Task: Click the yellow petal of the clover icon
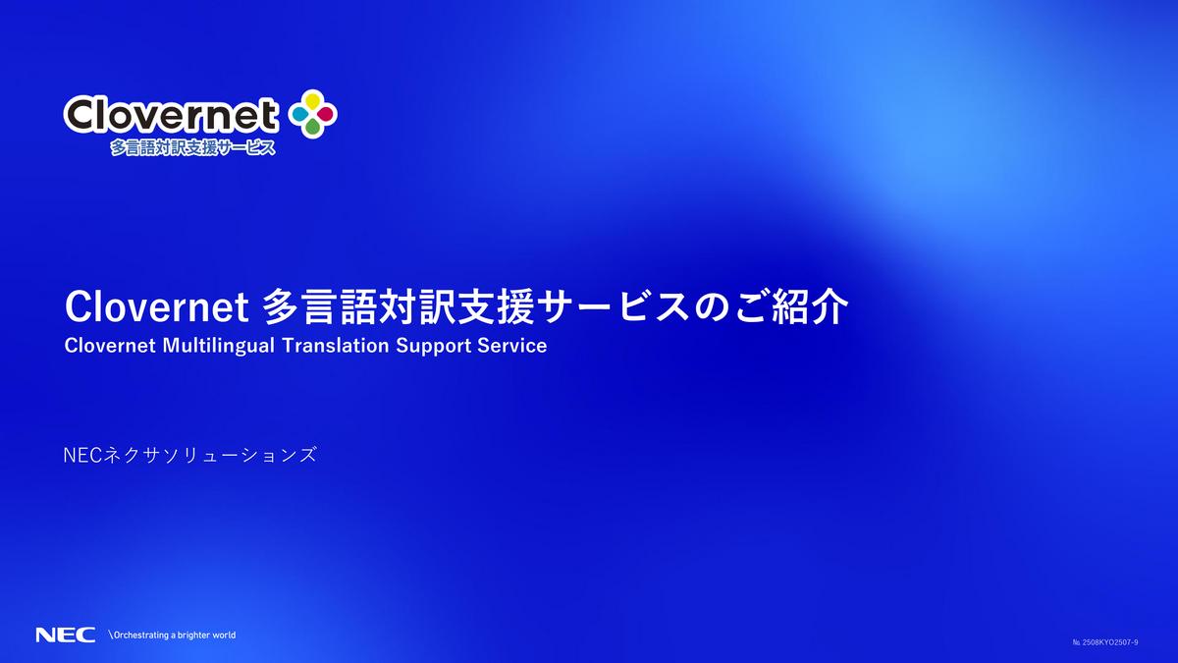pyautogui.click(x=313, y=100)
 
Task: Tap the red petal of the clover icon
pyautogui.click(x=326, y=114)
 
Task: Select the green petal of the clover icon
pyautogui.click(x=313, y=127)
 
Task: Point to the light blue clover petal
pyautogui.click(x=299, y=114)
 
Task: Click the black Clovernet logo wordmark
pyautogui.click(x=171, y=115)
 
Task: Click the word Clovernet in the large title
pyautogui.click(x=157, y=306)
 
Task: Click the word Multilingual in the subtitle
pyautogui.click(x=219, y=346)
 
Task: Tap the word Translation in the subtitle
pyautogui.click(x=336, y=346)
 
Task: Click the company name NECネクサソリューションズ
pyautogui.click(x=190, y=455)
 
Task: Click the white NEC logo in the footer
pyautogui.click(x=66, y=635)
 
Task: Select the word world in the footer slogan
pyautogui.click(x=224, y=635)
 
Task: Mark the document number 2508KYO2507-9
pyautogui.click(x=1105, y=642)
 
